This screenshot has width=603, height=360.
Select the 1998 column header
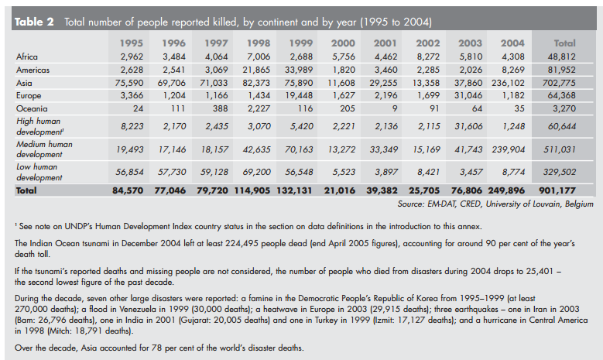tap(259, 43)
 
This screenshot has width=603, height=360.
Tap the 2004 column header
tap(511, 43)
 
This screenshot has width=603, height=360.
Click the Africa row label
tap(27, 57)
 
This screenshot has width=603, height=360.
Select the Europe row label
tap(29, 96)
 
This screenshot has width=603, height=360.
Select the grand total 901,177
tap(567, 190)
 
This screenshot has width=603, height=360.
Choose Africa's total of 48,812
tap(568, 57)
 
